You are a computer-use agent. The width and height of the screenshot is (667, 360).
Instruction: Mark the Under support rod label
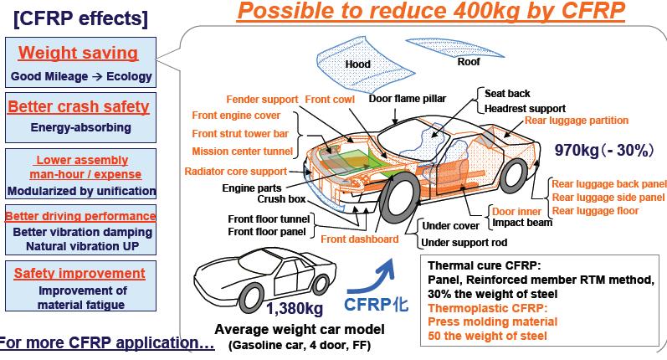tap(465, 242)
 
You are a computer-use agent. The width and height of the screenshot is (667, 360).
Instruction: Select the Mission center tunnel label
tap(242, 151)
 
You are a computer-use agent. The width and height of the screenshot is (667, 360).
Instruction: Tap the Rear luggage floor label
tap(594, 211)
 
